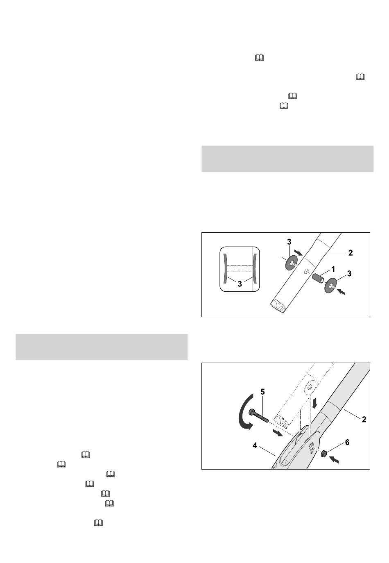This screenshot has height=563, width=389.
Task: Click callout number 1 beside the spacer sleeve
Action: (333, 270)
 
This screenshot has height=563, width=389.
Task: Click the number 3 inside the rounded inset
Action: (240, 284)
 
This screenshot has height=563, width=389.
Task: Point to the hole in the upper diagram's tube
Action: (306, 271)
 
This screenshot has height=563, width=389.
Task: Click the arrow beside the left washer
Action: (298, 252)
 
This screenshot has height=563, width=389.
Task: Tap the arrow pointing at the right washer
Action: (342, 292)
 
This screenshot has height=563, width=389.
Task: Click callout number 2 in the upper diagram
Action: (351, 252)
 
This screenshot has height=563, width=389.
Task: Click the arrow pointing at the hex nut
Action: (334, 459)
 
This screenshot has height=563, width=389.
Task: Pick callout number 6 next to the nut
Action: (347, 442)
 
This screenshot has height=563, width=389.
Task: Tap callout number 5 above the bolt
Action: (263, 392)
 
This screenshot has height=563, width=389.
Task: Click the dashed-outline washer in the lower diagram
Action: (310, 387)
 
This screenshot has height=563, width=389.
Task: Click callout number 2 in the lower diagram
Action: (364, 419)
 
